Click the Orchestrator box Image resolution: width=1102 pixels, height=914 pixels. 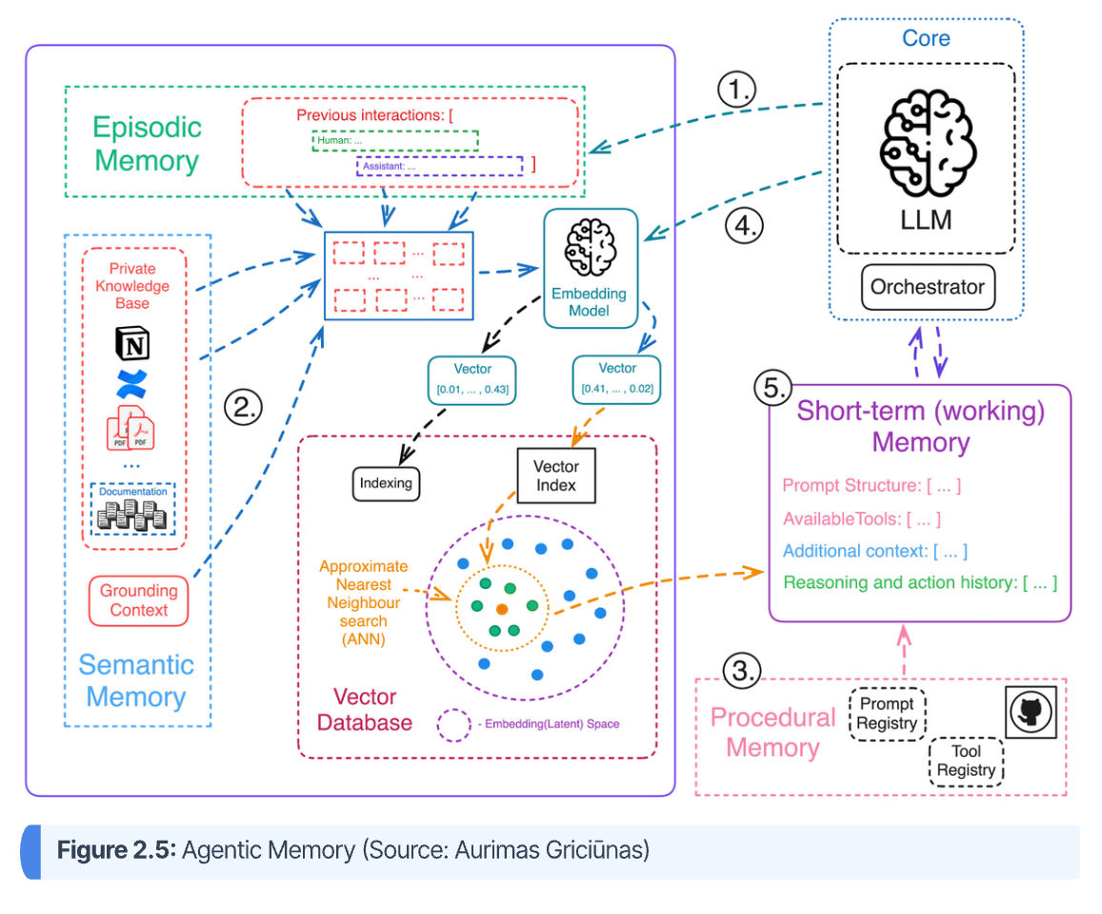click(927, 287)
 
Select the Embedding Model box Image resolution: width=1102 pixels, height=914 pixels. click(590, 268)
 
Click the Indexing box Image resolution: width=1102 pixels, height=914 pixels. click(386, 482)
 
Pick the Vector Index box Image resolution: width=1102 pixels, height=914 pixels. click(556, 476)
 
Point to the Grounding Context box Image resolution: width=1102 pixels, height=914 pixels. click(138, 600)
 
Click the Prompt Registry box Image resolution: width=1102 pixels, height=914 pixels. click(887, 713)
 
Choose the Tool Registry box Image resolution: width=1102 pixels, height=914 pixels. click(966, 762)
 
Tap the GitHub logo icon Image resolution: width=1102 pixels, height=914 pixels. click(1032, 710)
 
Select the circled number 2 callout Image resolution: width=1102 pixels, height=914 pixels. click(242, 407)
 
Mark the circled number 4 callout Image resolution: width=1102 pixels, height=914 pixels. click(744, 226)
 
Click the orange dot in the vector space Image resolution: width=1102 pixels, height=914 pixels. click(502, 608)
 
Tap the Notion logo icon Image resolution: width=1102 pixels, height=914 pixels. click(132, 342)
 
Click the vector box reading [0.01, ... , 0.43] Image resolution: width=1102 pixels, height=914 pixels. click(472, 377)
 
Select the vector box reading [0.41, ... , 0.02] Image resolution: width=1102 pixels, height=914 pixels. click(617, 377)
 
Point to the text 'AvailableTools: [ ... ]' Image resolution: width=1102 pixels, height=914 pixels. click(862, 518)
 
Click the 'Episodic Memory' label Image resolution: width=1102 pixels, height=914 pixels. click(147, 144)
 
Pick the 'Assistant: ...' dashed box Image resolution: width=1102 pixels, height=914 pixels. click(439, 165)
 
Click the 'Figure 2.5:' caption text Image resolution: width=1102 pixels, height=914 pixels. click(116, 849)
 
